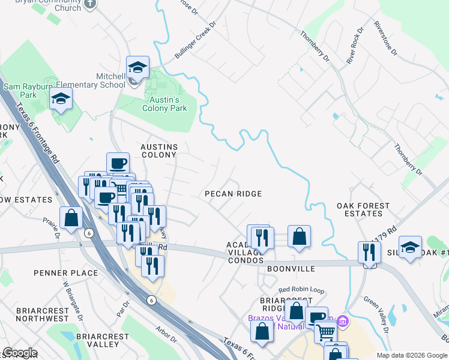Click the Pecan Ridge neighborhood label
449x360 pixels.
(x=233, y=194)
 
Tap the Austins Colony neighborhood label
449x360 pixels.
(x=158, y=151)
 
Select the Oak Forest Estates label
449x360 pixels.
(x=363, y=209)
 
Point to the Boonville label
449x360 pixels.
(x=291, y=270)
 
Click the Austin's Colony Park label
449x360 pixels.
(x=164, y=104)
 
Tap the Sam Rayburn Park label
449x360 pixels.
(x=28, y=91)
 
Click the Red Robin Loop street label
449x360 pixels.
(x=301, y=290)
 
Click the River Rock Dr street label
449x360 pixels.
(x=355, y=46)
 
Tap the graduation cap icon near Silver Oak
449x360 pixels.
(x=410, y=247)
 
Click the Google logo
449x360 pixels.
(x=20, y=353)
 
